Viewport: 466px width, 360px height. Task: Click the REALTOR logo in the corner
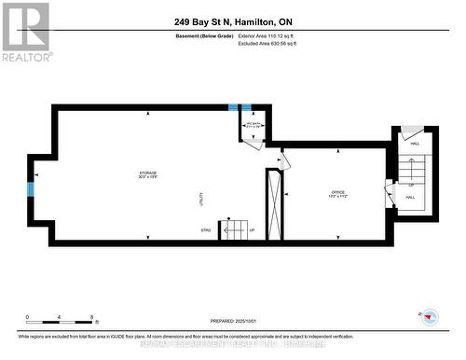[x=25, y=33]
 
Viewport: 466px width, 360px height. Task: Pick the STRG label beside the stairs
[x=205, y=228]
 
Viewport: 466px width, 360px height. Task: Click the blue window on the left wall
[x=31, y=189]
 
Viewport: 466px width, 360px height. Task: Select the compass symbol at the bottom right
[x=430, y=318]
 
